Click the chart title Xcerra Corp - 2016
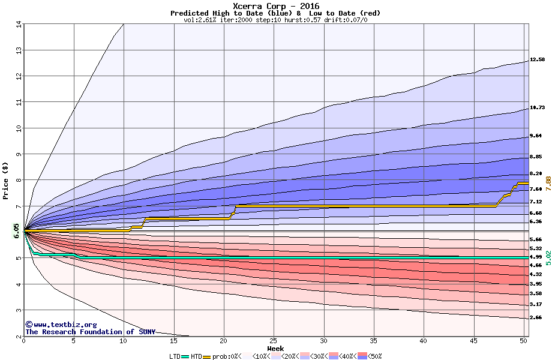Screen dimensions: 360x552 tap(275, 6)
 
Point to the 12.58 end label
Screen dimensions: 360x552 tap(537, 59)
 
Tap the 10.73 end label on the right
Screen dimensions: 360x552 tap(537, 108)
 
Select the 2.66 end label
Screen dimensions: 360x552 tap(536, 317)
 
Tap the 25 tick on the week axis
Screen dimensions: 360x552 tap(273, 341)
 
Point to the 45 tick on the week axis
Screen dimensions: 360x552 tap(473, 341)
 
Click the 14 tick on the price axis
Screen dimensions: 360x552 tap(19, 25)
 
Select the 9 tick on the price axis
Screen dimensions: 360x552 tap(19, 154)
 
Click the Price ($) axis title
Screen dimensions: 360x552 tap(6, 180)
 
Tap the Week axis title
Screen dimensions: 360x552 tap(275, 348)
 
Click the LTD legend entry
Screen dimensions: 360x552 tap(175, 356)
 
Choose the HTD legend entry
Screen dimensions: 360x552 tap(196, 356)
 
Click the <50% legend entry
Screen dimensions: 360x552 tap(373, 356)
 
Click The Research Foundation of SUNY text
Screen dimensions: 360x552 tap(90, 332)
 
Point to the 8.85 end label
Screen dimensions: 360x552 tap(536, 157)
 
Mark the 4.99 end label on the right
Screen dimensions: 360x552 tap(536, 257)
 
